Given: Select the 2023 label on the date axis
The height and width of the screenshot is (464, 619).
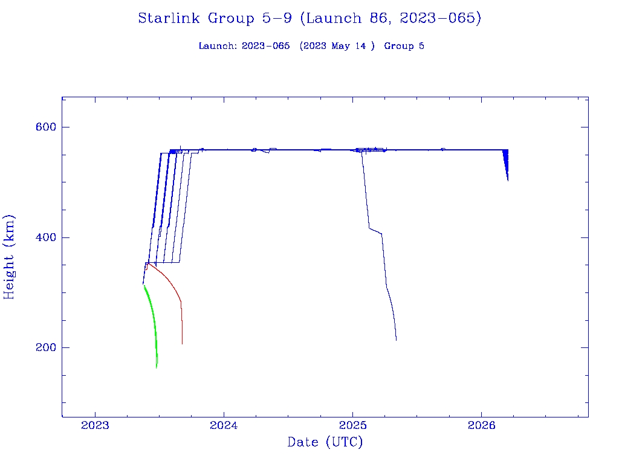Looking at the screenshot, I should (95, 425).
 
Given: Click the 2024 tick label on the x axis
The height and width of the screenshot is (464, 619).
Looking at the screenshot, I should (224, 425).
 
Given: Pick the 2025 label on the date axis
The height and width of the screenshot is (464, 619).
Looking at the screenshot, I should (353, 425).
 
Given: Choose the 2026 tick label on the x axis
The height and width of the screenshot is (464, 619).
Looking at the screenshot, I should (482, 425).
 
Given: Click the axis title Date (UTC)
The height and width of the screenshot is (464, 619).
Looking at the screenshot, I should (325, 442).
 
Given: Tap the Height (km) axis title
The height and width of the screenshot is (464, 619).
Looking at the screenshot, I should (10, 257).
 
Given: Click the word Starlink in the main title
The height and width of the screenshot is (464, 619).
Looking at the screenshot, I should (170, 18).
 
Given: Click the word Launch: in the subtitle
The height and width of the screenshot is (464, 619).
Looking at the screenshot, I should (218, 46).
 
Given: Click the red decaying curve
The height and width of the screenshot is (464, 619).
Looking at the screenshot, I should (170, 284).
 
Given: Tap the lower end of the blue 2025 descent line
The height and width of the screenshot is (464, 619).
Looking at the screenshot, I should (396, 339).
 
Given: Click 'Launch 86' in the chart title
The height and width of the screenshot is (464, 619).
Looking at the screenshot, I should (334, 18).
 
